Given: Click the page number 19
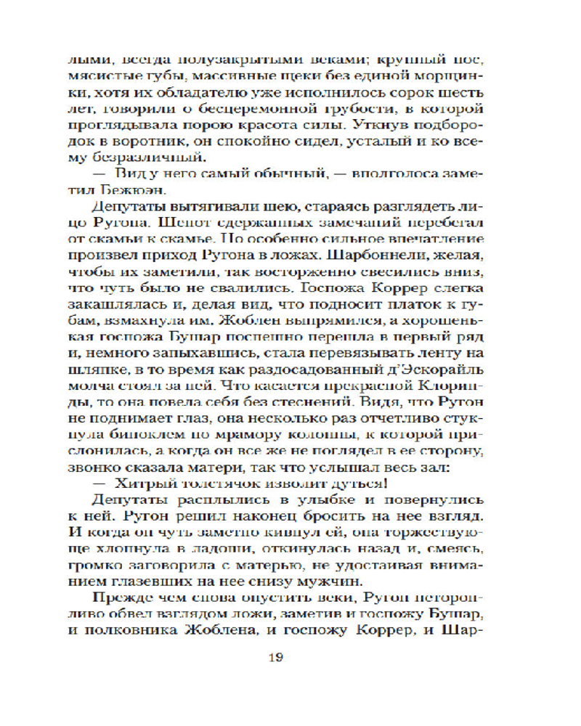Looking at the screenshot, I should tap(290, 658).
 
